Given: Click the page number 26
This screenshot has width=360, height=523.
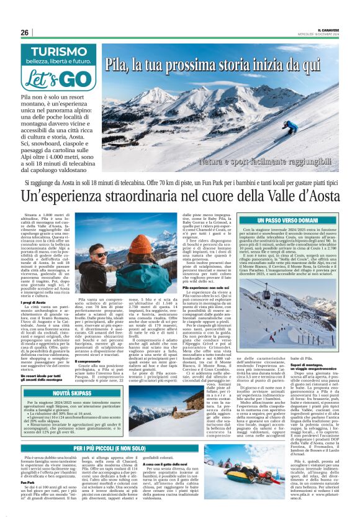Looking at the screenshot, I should pyautogui.click(x=24, y=32).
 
